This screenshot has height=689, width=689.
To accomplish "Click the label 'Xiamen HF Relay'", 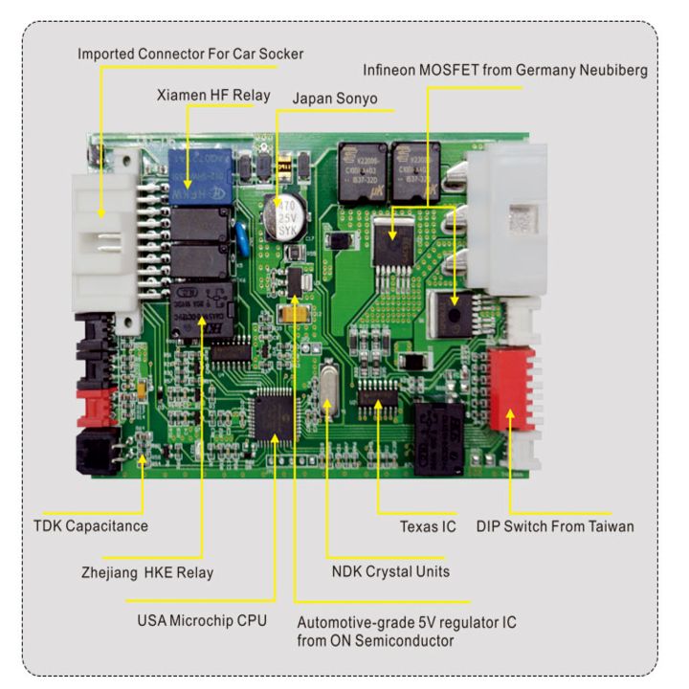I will coord(213,96).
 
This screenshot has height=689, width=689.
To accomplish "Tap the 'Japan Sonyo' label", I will coord(334,99).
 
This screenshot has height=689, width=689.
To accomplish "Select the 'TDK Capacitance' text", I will coord(91,525).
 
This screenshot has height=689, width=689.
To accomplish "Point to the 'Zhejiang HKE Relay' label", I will coord(147,572).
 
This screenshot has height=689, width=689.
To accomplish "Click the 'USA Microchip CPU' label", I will coord(202,620).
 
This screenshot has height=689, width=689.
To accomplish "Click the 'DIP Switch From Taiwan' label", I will coord(555,525).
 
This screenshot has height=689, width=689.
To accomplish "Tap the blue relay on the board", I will coord(201,174).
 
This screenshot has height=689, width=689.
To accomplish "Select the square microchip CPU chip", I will coord(276,421).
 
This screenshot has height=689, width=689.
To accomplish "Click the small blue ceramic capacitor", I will coord(242,239).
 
